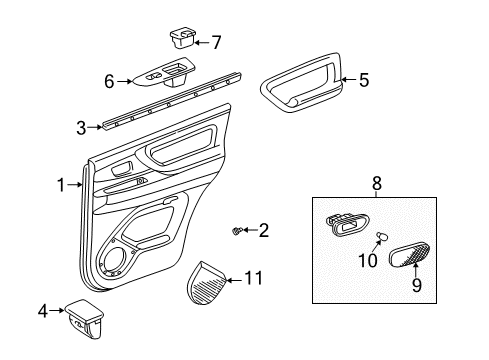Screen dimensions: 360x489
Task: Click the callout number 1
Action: coord(62,184)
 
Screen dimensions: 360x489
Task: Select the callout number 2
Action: coord(263,231)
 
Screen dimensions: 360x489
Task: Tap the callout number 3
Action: coord(81,127)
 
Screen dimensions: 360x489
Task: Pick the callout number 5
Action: coord(364,81)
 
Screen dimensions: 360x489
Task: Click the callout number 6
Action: coord(111,81)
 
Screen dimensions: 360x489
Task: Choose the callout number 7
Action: coord(216,41)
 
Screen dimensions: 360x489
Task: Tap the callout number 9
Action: coord(417,286)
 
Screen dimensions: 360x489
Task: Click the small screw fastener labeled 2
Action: coord(238,231)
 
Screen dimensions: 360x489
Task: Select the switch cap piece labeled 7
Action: coord(181,39)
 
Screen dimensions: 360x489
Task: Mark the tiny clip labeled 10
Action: coord(382,237)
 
